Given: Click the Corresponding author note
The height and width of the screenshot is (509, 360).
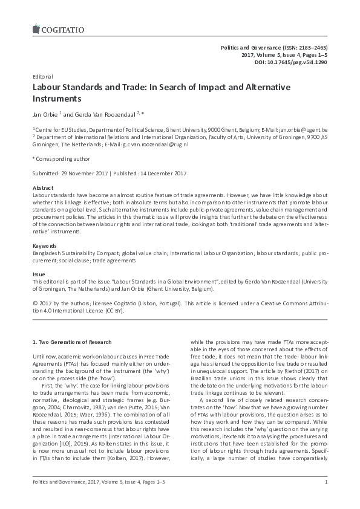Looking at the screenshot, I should coord(61,159).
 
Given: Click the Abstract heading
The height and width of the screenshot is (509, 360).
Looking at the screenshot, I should coord(42,188).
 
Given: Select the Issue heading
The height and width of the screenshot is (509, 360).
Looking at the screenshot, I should coord(38,274).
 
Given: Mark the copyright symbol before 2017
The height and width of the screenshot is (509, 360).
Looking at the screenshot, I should coord(34,303).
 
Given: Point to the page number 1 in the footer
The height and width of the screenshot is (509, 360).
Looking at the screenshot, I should coord(326,499).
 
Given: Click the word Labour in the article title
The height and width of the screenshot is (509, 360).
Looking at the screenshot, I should coord(48,88).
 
